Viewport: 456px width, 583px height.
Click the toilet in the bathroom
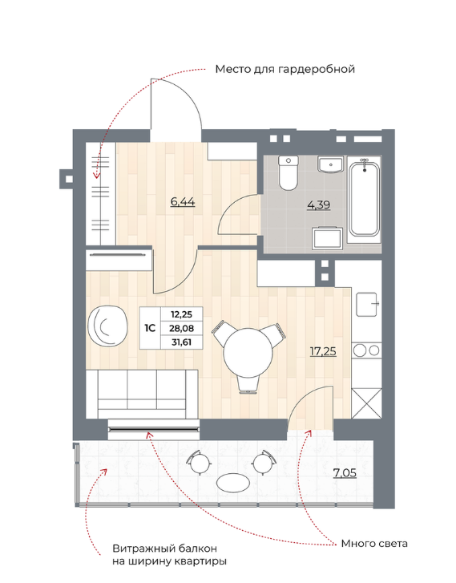289,173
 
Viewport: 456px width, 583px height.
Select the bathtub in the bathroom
365,197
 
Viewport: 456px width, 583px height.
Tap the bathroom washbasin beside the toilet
330,164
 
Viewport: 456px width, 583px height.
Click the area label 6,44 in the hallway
183,202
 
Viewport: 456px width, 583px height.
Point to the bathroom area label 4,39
318,204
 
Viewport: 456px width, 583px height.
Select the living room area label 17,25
323,351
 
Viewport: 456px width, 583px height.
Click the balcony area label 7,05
345,473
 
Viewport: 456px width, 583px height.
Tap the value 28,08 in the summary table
182,328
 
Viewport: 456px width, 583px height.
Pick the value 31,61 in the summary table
182,342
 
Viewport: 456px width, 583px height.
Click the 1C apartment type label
150,328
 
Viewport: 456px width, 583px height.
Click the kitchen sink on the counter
367,304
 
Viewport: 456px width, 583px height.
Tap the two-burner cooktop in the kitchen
367,350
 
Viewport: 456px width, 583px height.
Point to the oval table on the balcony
233,483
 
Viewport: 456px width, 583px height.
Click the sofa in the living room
142,394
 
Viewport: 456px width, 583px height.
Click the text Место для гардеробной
285,70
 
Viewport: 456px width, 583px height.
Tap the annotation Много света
374,544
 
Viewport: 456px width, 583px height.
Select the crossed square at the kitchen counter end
367,403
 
